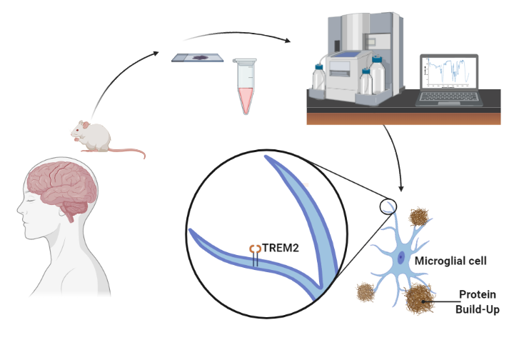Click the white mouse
(x=93, y=135)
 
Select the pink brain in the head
(x=60, y=185)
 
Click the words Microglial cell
(x=451, y=261)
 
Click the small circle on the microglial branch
(x=386, y=207)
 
